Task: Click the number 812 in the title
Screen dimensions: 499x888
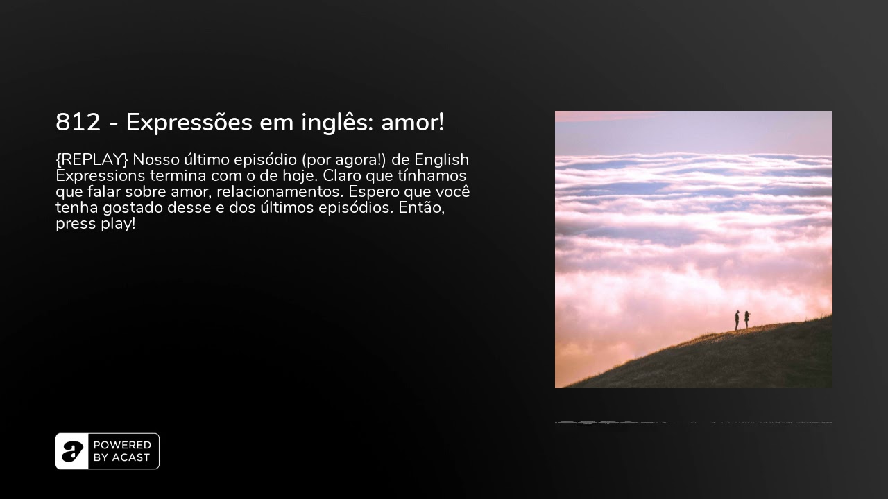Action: pos(78,123)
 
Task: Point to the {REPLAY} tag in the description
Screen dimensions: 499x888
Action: pos(92,160)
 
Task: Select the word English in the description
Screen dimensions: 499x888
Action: pos(442,160)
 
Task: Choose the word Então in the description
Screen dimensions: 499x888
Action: pos(421,208)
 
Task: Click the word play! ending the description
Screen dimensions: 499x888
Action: pos(117,225)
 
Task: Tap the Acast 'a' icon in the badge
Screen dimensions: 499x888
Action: pos(72,451)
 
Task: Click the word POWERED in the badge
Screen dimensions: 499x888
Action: pos(122,445)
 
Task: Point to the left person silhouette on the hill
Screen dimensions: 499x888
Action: pos(737,320)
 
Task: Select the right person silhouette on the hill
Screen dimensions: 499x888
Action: pos(746,319)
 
